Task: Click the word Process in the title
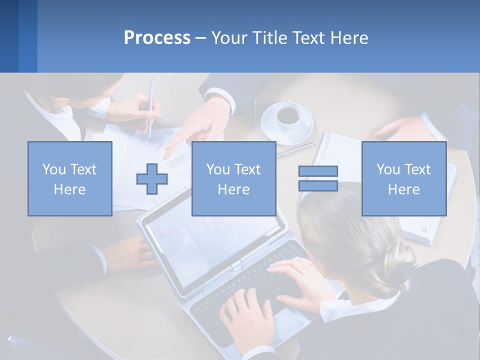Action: point(157,37)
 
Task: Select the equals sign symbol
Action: point(318,178)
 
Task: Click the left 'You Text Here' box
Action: point(70,178)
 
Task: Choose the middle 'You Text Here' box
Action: point(233,178)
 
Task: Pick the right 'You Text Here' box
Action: point(403,178)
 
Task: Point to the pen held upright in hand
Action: point(150,105)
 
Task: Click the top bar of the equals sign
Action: point(318,171)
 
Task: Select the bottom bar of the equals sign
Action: point(318,185)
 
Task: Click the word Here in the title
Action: point(348,37)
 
